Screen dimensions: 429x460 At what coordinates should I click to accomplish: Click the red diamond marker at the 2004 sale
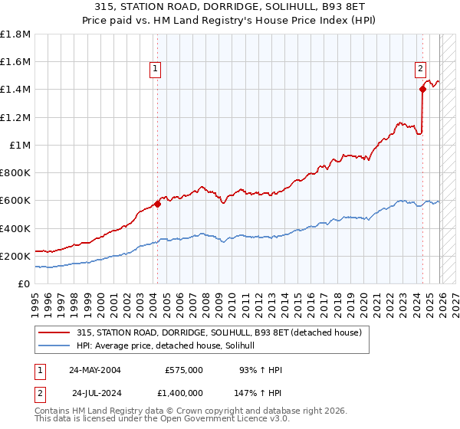(x=157, y=204)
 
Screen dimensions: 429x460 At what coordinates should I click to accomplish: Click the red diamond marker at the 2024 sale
(x=422, y=89)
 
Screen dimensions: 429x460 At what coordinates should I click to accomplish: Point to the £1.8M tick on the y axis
(x=15, y=34)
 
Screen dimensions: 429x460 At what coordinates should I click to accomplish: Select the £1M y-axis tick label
(x=19, y=145)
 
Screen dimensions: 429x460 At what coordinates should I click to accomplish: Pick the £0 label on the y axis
(x=24, y=283)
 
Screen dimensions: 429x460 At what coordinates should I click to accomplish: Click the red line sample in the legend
(x=55, y=332)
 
